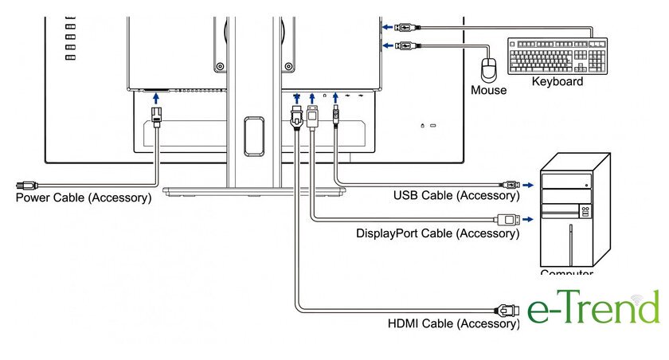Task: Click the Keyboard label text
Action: click(x=557, y=81)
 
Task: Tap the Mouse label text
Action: click(x=488, y=90)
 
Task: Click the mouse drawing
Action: click(x=490, y=68)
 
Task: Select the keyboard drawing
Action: click(x=557, y=56)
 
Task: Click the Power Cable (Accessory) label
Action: click(x=84, y=198)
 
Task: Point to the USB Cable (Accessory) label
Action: click(x=456, y=195)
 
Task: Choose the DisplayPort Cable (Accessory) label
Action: click(x=437, y=233)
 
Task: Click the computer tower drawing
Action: click(x=575, y=210)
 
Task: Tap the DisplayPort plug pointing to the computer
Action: click(x=507, y=219)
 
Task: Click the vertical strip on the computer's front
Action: click(x=570, y=243)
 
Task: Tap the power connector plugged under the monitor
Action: click(x=156, y=116)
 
